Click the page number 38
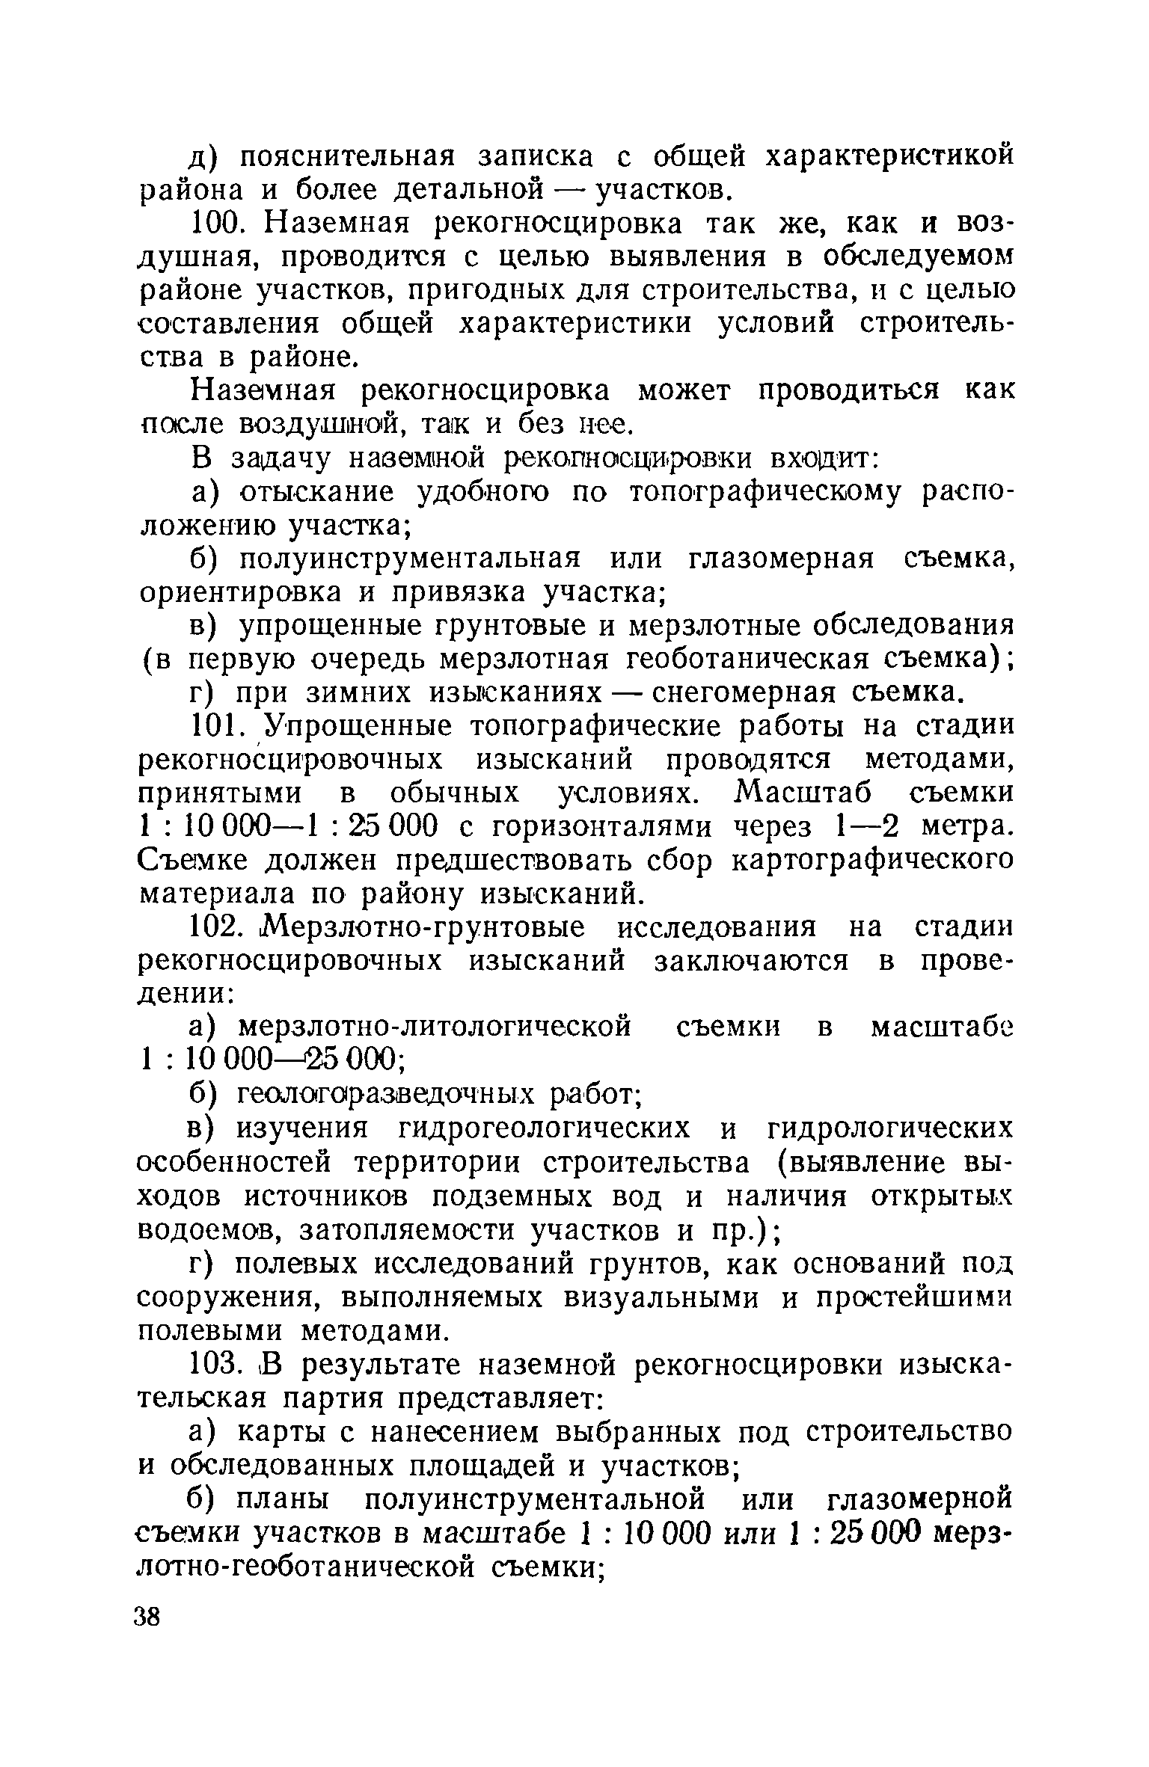[x=147, y=1617]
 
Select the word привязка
[x=458, y=592]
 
